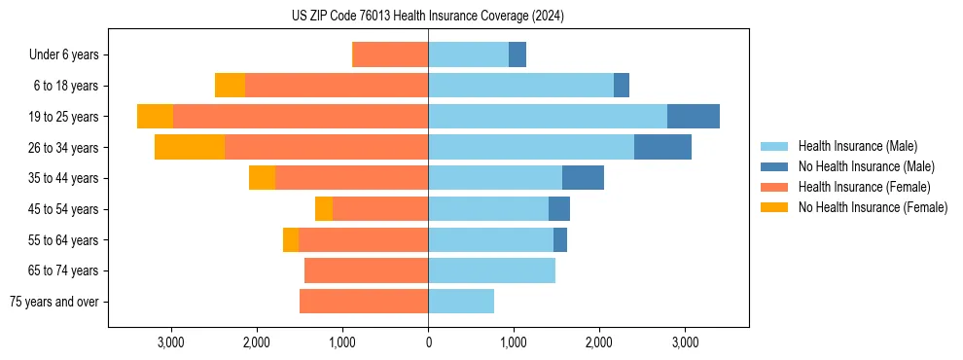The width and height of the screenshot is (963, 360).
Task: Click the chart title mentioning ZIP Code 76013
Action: click(x=428, y=16)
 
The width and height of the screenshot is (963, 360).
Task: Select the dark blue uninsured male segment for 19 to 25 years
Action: click(x=694, y=117)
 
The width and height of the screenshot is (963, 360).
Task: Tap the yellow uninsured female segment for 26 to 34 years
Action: click(x=190, y=147)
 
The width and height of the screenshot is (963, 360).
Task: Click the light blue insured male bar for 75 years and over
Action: click(x=461, y=302)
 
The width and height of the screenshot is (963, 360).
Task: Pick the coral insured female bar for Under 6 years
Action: click(x=390, y=54)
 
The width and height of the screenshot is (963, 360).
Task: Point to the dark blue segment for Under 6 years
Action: click(x=517, y=54)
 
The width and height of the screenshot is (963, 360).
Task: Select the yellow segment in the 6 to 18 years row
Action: click(x=230, y=86)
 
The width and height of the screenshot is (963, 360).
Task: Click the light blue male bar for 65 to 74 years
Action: click(x=491, y=270)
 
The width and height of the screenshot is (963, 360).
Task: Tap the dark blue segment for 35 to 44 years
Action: click(x=583, y=178)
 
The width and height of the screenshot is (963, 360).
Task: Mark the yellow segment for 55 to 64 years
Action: click(x=291, y=240)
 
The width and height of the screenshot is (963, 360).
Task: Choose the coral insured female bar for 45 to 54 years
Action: click(x=380, y=209)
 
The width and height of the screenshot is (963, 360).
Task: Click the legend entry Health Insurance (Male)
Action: click(x=857, y=146)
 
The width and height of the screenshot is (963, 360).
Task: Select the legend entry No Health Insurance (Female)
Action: click(x=873, y=207)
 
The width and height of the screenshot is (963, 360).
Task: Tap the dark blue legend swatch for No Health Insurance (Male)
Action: click(x=774, y=166)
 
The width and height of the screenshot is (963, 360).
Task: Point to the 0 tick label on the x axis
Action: click(x=428, y=342)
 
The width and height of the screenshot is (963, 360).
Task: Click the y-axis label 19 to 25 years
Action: click(x=64, y=117)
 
